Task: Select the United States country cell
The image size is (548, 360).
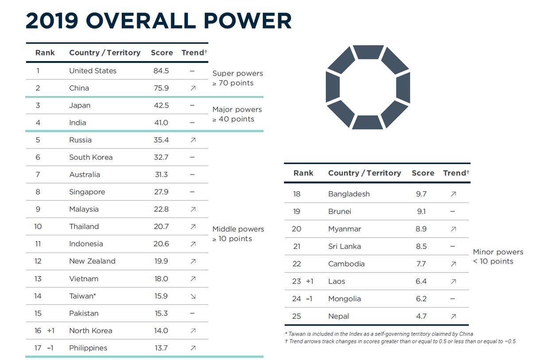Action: pyautogui.click(x=93, y=71)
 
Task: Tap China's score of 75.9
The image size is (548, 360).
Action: pyautogui.click(x=161, y=88)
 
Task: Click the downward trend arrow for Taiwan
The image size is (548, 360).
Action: pyautogui.click(x=193, y=296)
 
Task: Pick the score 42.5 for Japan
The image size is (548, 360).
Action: pyautogui.click(x=161, y=105)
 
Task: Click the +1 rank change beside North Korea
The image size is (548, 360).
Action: pyautogui.click(x=51, y=331)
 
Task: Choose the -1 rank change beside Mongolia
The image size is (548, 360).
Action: pyautogui.click(x=309, y=299)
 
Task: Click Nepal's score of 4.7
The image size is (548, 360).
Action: pyautogui.click(x=421, y=316)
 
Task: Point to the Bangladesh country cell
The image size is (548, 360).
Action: pyautogui.click(x=349, y=194)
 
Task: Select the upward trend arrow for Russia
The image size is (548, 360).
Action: pyautogui.click(x=193, y=140)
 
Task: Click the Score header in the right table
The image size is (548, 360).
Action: pyautogui.click(x=423, y=173)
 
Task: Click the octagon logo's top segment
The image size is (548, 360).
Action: pyautogui.click(x=368, y=51)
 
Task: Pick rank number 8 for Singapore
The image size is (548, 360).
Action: pyautogui.click(x=38, y=192)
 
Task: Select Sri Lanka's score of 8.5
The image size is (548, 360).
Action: pyautogui.click(x=421, y=246)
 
